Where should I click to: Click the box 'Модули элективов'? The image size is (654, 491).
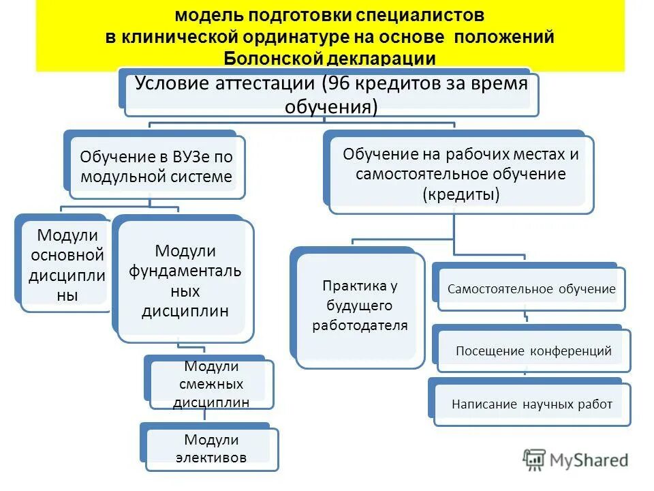(211, 449)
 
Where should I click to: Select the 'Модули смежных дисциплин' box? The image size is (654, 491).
(211, 385)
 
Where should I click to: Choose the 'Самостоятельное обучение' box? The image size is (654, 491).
(531, 288)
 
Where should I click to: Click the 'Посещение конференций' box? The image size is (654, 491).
(533, 351)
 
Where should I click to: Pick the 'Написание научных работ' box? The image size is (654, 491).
(532, 404)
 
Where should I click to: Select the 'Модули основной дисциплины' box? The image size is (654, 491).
(66, 265)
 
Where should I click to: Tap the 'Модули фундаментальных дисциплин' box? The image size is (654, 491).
(185, 281)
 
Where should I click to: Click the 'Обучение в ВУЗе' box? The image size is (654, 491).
(156, 167)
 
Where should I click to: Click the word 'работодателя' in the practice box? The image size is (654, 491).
(360, 325)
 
